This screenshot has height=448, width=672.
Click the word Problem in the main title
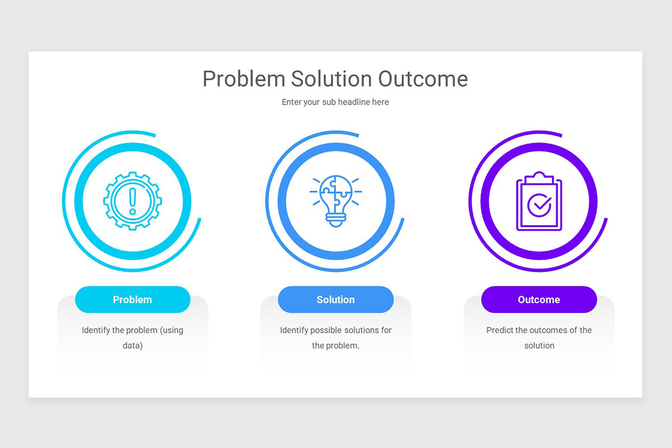(x=244, y=80)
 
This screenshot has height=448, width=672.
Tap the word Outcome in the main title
(x=423, y=80)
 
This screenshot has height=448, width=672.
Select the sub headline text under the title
(x=335, y=102)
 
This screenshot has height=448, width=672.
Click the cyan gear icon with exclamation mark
(x=133, y=200)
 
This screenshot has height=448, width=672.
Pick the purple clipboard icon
(x=539, y=202)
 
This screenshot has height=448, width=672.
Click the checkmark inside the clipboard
(x=539, y=206)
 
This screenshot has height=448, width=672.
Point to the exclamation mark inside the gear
(x=133, y=200)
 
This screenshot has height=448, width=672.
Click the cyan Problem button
(x=133, y=300)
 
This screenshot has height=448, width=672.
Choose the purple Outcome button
(x=539, y=300)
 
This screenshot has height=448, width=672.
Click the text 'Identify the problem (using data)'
(x=133, y=338)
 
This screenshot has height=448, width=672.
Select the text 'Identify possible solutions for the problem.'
(x=335, y=338)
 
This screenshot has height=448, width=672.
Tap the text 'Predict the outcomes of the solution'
(x=539, y=338)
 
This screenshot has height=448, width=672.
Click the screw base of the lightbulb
(x=335, y=220)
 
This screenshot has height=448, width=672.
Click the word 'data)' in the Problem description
(x=133, y=346)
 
